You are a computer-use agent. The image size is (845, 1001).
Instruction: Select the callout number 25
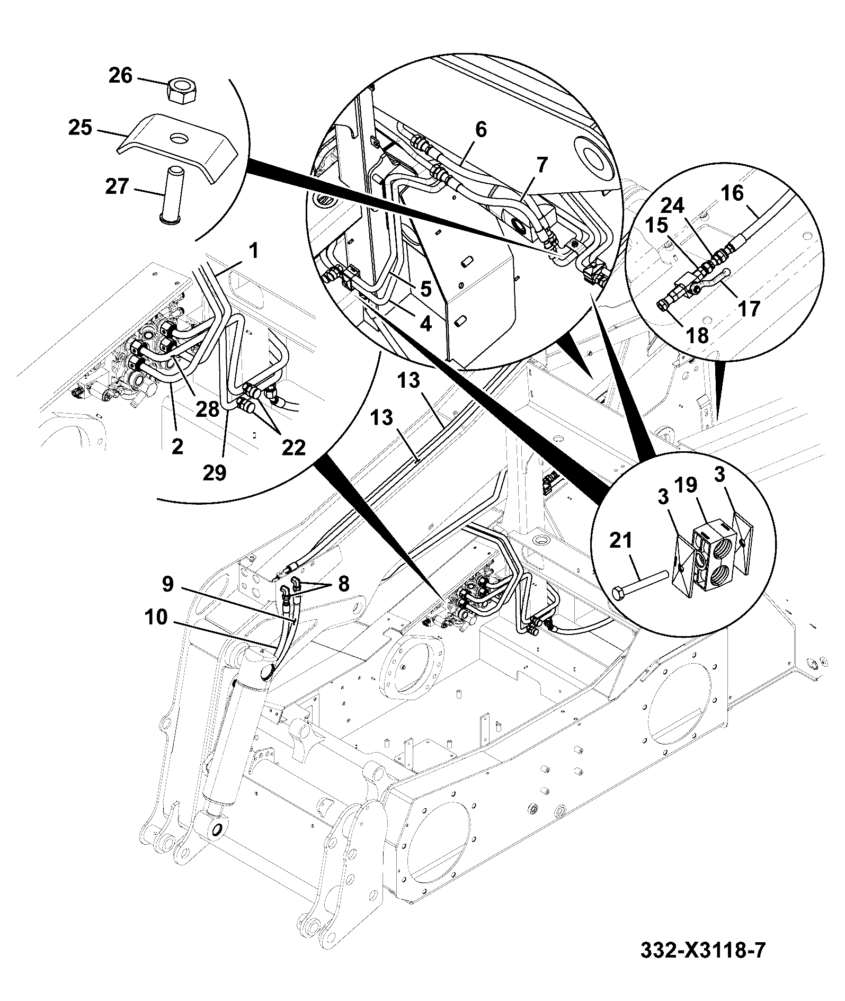click(80, 128)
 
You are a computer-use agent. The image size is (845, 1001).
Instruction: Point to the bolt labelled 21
click(638, 584)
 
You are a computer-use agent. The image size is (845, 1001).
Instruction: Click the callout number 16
click(733, 194)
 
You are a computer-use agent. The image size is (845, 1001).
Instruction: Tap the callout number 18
click(697, 335)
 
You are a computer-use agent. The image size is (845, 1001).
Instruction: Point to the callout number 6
click(481, 130)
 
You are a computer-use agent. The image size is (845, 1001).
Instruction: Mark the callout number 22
click(293, 448)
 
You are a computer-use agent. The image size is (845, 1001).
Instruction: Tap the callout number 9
click(167, 584)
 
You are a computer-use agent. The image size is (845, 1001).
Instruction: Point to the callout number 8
click(343, 584)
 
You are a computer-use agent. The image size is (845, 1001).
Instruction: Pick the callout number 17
click(749, 308)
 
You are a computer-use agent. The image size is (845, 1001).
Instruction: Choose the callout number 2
click(177, 446)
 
